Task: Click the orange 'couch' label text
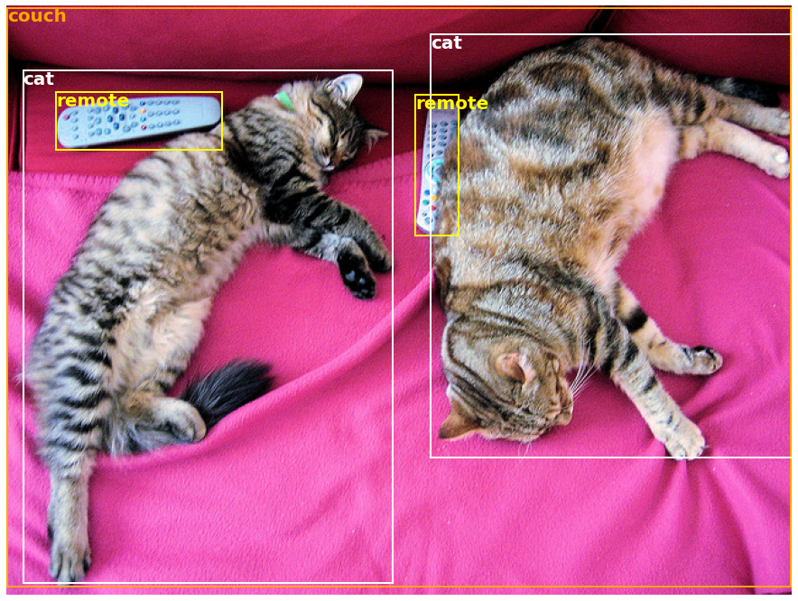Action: pyautogui.click(x=37, y=16)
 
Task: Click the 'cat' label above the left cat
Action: pyautogui.click(x=38, y=79)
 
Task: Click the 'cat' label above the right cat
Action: pyautogui.click(x=446, y=43)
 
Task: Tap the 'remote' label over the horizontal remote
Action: pyautogui.click(x=92, y=101)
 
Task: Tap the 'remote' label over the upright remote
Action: pyautogui.click(x=451, y=104)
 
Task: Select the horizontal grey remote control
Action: pyautogui.click(x=139, y=121)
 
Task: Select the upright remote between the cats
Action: pyautogui.click(x=436, y=171)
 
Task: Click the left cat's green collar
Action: pyautogui.click(x=284, y=100)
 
